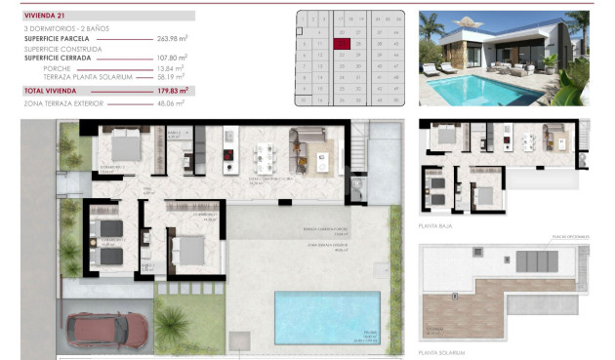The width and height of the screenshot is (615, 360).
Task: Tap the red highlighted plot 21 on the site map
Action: click(x=341, y=43)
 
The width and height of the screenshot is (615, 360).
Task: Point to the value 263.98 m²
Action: click(x=173, y=39)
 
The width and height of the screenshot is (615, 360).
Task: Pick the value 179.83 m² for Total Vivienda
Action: click(x=172, y=90)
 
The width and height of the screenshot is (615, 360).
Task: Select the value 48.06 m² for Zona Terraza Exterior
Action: click(x=172, y=101)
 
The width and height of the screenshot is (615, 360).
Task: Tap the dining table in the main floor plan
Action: click(x=265, y=153)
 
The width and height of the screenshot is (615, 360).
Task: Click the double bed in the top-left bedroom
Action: click(x=124, y=147)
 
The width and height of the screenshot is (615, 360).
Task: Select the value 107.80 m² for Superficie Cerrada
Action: click(x=172, y=58)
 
